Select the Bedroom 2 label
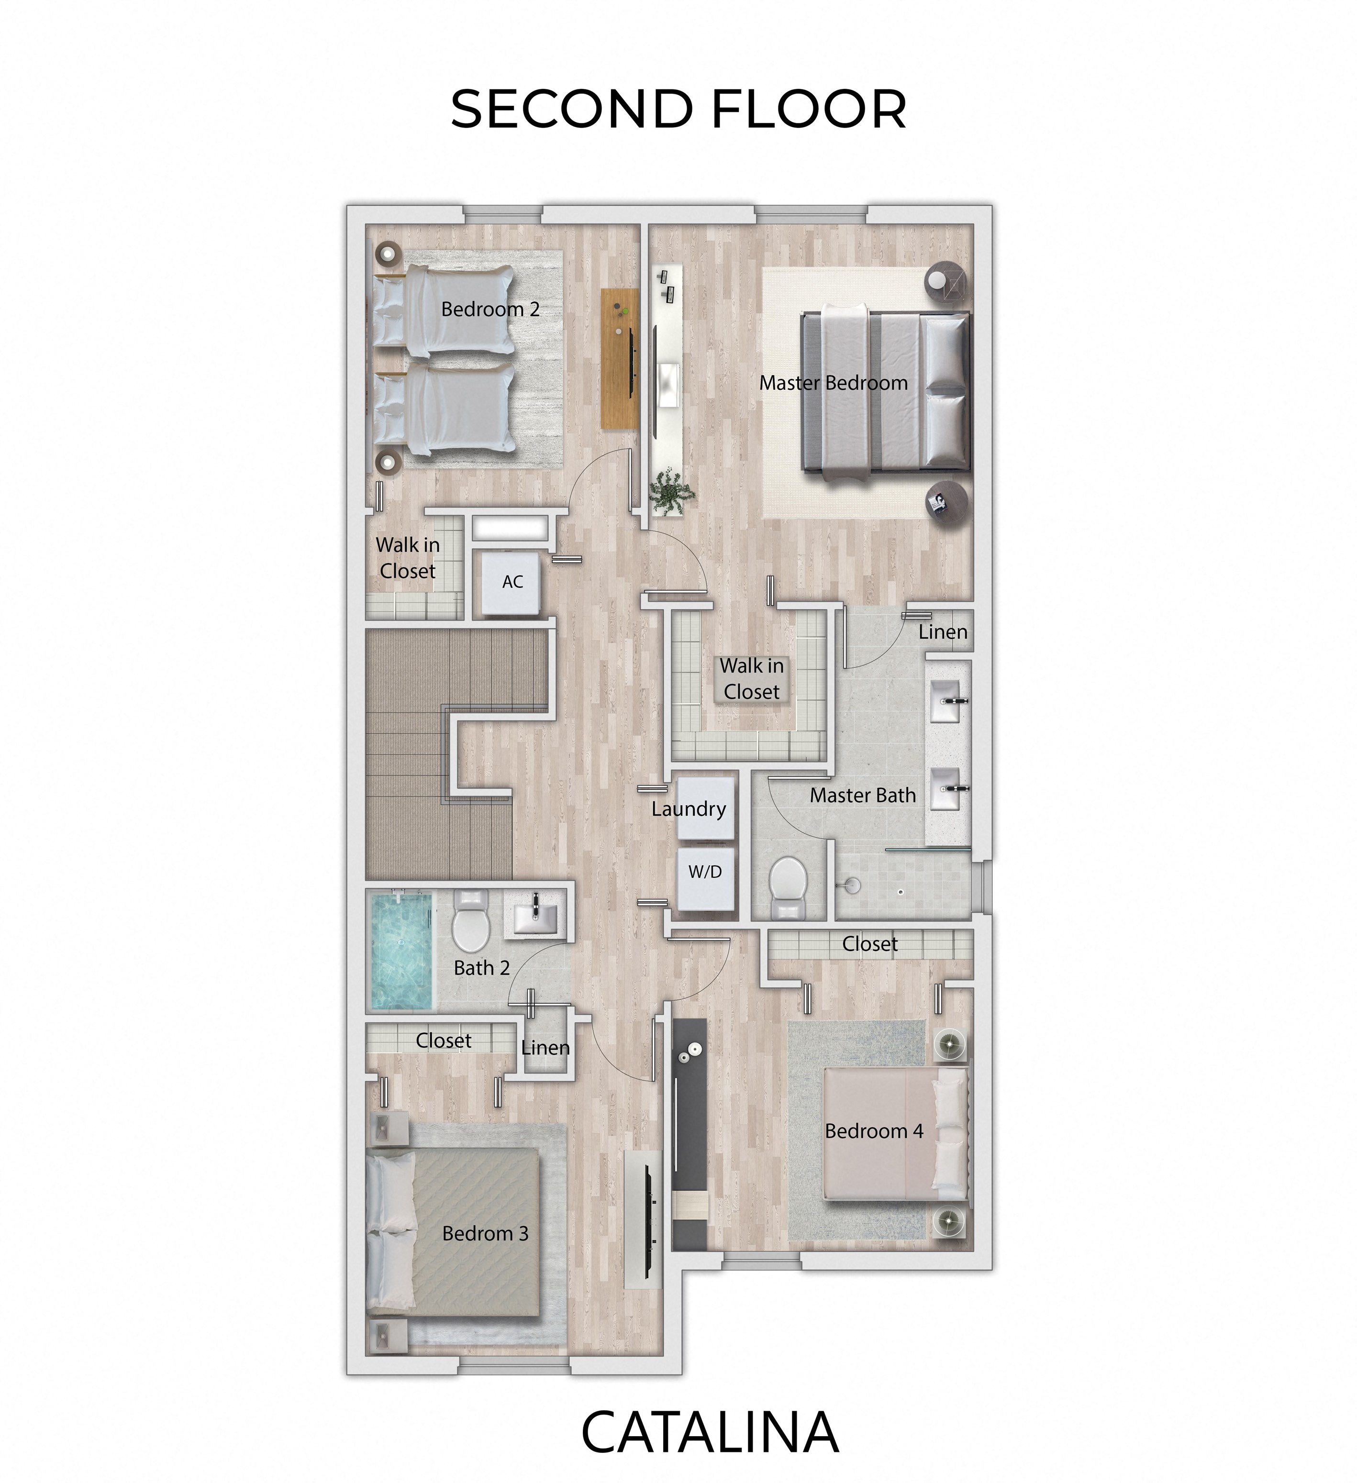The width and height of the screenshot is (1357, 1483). tap(490, 309)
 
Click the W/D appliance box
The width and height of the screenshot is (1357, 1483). tap(705, 879)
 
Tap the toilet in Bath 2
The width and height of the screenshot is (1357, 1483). tap(470, 921)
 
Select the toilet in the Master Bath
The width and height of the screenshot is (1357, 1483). tap(788, 887)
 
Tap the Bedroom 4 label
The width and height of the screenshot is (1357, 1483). tap(874, 1130)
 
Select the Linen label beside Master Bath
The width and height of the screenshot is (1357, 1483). tap(943, 632)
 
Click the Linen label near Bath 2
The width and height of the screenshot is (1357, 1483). tap(545, 1048)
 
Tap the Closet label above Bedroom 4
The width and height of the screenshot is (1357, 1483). tap(870, 944)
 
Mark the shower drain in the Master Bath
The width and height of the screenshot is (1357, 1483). tap(901, 892)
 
